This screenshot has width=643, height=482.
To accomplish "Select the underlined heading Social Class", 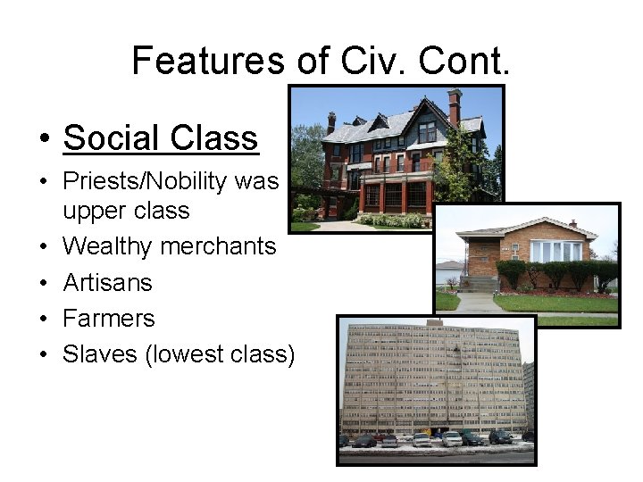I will (161, 137).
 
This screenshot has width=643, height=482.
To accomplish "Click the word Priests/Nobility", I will (145, 182).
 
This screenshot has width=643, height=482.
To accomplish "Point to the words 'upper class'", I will (126, 211).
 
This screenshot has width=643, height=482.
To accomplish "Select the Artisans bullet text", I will (107, 283).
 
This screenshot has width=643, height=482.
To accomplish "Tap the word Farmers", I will (108, 319).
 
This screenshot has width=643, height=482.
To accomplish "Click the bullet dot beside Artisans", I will (43, 284).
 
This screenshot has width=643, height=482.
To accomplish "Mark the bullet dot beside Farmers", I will (43, 320).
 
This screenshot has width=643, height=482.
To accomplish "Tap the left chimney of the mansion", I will (331, 122).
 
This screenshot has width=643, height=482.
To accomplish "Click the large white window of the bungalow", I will (555, 251).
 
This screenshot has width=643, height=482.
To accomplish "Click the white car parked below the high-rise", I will (452, 439).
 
